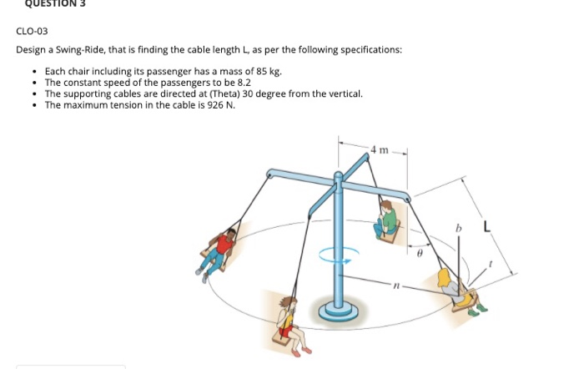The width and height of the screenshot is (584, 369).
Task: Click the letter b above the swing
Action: point(457,227)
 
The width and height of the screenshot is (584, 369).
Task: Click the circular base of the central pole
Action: point(338,311)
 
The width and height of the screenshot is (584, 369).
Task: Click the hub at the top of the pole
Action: point(339,177)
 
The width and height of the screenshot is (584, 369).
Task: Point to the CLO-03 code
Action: point(32,31)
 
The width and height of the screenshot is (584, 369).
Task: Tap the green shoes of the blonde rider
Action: point(477,311)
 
